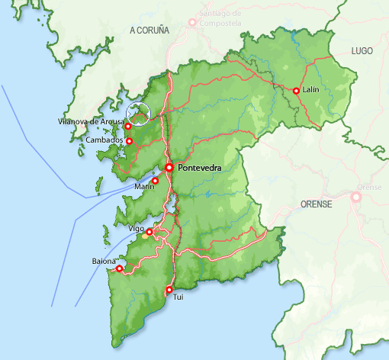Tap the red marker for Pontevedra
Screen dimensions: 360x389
[x=169, y=168]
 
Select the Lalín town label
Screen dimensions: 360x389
[x=310, y=90]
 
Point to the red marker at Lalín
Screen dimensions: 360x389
[x=296, y=91]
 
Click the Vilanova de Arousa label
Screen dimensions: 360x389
[x=91, y=122]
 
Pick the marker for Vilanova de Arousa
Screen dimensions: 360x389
[x=128, y=126]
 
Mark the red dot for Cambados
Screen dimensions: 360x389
[x=129, y=141]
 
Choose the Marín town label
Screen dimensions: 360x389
[x=144, y=186]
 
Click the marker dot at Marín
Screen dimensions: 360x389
[x=155, y=181]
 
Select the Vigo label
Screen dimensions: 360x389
[x=137, y=229]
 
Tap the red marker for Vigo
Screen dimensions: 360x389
[x=149, y=232]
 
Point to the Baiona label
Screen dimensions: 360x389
[x=104, y=262]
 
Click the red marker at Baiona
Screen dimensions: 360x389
[x=119, y=268]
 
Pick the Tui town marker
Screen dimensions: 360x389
[x=169, y=289]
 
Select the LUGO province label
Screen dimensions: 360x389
[x=362, y=50]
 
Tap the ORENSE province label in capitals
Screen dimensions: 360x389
[x=317, y=204]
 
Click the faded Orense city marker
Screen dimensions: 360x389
[x=355, y=197]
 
